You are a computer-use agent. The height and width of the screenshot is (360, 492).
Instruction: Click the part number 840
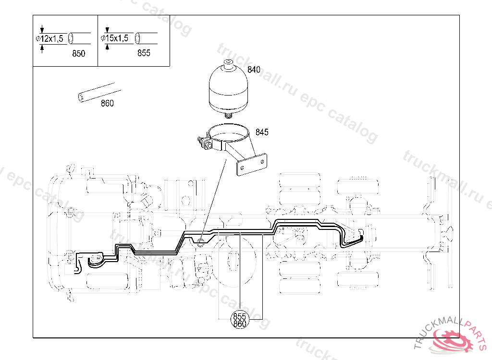[254, 70]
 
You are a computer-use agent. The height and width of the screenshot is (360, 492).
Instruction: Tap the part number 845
[262, 132]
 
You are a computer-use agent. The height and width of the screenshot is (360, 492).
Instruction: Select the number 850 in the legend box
[78, 53]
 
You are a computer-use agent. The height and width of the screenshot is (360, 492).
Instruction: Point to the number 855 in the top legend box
[144, 53]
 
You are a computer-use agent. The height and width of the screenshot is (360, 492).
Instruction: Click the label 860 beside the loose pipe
[107, 103]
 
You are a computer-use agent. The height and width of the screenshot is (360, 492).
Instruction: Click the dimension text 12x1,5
[51, 39]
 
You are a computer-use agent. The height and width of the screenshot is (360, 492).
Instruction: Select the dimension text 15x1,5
[117, 38]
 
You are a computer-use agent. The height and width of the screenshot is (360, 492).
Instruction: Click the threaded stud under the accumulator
[228, 115]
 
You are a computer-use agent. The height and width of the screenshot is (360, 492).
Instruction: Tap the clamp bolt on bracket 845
[204, 143]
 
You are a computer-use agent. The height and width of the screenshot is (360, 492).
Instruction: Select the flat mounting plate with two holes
[252, 165]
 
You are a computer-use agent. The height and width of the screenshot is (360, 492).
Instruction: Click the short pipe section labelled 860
[98, 93]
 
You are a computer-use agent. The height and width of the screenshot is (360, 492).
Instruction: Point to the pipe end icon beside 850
[72, 37]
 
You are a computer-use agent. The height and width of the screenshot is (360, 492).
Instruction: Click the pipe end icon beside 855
[138, 37]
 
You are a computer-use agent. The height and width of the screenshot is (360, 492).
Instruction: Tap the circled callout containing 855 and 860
[239, 320]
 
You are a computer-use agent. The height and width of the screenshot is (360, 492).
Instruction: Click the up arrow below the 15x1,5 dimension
[107, 47]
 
